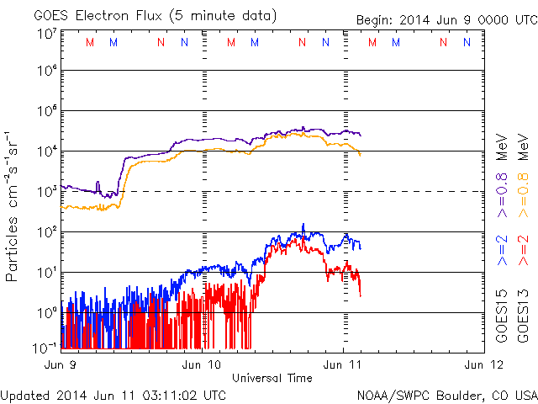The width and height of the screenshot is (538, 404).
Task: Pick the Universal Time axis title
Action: (x=272, y=378)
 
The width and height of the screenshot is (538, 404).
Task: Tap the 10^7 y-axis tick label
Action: (x=46, y=34)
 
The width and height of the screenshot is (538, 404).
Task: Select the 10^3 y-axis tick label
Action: (x=46, y=193)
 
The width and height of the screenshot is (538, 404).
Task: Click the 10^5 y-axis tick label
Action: (x=46, y=113)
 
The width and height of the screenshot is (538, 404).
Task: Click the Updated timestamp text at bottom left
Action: (x=113, y=394)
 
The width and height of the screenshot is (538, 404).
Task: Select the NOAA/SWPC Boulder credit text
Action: (x=446, y=394)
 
